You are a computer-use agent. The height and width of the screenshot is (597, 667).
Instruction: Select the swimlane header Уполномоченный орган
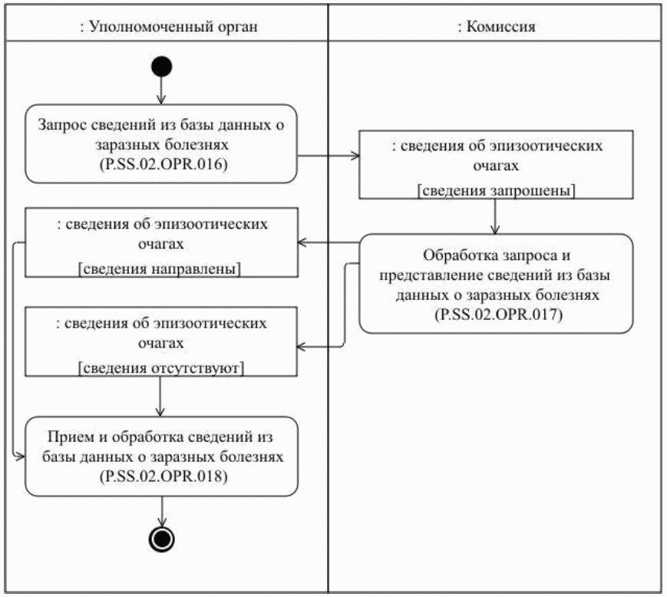click(x=168, y=26)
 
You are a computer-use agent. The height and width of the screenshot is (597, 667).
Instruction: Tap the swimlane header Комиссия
click(x=496, y=26)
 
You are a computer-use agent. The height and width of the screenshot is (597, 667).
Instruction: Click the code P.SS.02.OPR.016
click(x=161, y=163)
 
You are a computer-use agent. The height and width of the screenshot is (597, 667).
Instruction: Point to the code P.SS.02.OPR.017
click(x=496, y=313)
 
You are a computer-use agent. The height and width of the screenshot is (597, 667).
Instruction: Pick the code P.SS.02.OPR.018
click(x=161, y=476)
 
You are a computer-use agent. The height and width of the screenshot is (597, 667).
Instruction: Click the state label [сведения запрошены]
click(x=496, y=191)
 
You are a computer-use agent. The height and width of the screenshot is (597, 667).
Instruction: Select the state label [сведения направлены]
click(x=161, y=268)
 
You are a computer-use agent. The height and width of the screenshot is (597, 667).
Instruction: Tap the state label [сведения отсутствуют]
click(x=161, y=368)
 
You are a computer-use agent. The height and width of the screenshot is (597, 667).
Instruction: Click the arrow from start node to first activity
click(x=161, y=91)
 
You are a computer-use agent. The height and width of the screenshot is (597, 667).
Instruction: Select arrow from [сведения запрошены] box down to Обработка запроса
click(x=496, y=218)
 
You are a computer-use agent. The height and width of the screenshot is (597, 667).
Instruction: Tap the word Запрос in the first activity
click(x=65, y=124)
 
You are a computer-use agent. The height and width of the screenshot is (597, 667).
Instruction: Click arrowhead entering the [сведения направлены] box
click(x=303, y=243)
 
